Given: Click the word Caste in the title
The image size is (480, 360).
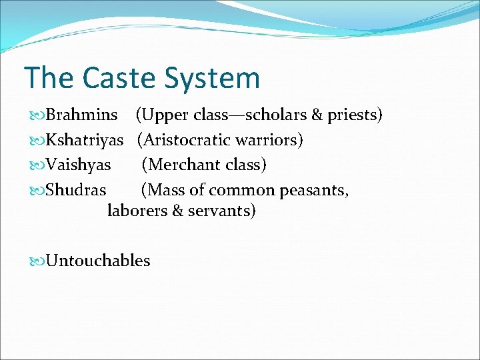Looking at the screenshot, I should (x=118, y=78).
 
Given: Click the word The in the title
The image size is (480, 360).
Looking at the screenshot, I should (x=49, y=78).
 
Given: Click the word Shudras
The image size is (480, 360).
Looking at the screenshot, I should (x=75, y=190).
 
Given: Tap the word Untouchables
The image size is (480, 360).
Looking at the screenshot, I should (x=97, y=261).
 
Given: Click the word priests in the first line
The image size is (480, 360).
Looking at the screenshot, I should (x=353, y=115).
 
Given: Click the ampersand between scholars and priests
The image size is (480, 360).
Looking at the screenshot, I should (x=317, y=115).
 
